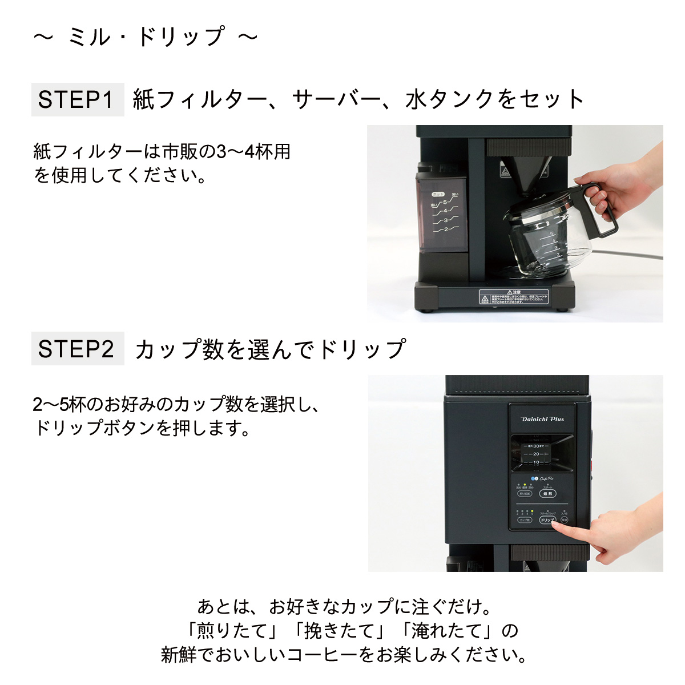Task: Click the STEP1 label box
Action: (x=77, y=100)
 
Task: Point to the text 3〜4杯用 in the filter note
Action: (x=253, y=152)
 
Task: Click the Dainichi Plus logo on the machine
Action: (x=542, y=419)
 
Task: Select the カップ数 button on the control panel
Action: (x=524, y=520)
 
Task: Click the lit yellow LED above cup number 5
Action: (x=532, y=511)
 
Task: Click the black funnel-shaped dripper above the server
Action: (x=522, y=171)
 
